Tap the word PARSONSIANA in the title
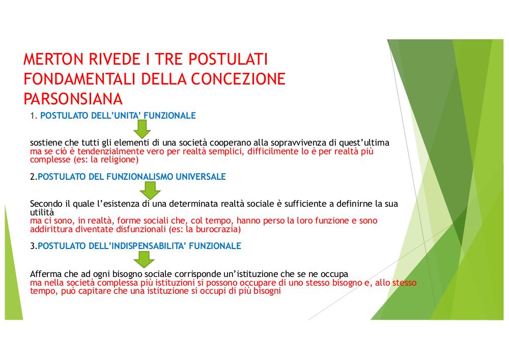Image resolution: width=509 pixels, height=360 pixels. click(73, 99)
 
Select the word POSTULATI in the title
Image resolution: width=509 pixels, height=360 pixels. click(228, 59)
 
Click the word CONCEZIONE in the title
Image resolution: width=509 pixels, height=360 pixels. click(238, 79)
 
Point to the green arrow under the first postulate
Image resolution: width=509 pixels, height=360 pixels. click(142, 129)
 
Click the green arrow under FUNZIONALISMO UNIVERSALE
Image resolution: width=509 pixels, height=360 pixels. click(150, 190)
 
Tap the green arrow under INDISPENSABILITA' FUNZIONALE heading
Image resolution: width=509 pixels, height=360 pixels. click(144, 259)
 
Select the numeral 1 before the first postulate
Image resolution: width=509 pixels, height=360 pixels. click(32, 116)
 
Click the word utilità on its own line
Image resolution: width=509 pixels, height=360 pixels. click(42, 212)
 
